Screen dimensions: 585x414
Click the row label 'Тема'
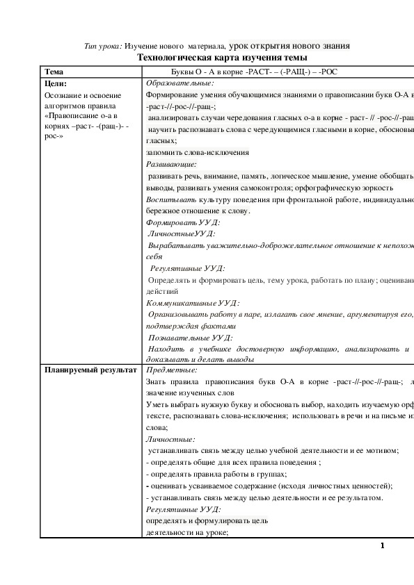tap(54, 71)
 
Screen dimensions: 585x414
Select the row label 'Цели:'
tap(55, 83)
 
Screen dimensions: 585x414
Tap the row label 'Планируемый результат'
tap(90, 370)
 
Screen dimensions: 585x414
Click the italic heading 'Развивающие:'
tap(172, 165)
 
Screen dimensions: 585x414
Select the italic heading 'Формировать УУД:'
tap(183, 223)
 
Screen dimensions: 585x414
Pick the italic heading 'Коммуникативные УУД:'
tap(193, 303)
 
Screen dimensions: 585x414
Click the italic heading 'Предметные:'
tap(171, 370)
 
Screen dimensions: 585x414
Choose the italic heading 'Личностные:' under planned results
tap(170, 439)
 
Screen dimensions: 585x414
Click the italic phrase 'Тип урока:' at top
tap(103, 46)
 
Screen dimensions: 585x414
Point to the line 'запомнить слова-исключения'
tap(198, 152)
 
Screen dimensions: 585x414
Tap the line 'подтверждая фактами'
tap(191, 325)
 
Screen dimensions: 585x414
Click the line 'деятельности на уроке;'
tap(186, 532)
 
